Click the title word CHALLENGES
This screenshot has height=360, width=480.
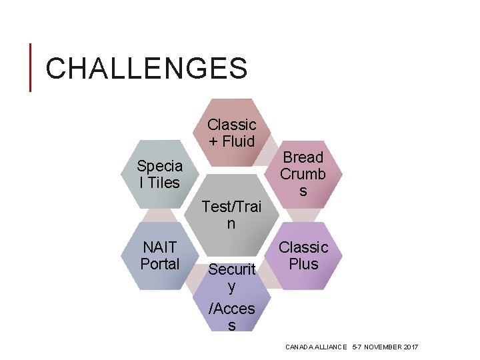tap(147, 69)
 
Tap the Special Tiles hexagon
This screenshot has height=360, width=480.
tap(159, 174)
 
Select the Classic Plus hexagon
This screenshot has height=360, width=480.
tap(303, 256)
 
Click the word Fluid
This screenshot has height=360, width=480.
tap(238, 141)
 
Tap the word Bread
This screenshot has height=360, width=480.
tap(303, 157)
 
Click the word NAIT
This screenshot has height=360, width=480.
tap(159, 247)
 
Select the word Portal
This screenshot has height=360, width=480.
tap(159, 264)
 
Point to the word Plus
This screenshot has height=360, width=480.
tap(303, 264)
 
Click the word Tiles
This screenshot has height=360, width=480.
tap(164, 183)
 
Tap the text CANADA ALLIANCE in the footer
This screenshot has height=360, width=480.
tap(315, 347)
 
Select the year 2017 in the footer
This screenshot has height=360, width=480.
tap(411, 347)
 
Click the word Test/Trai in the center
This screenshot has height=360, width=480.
tap(231, 207)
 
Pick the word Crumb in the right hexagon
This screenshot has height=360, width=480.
tap(303, 174)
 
